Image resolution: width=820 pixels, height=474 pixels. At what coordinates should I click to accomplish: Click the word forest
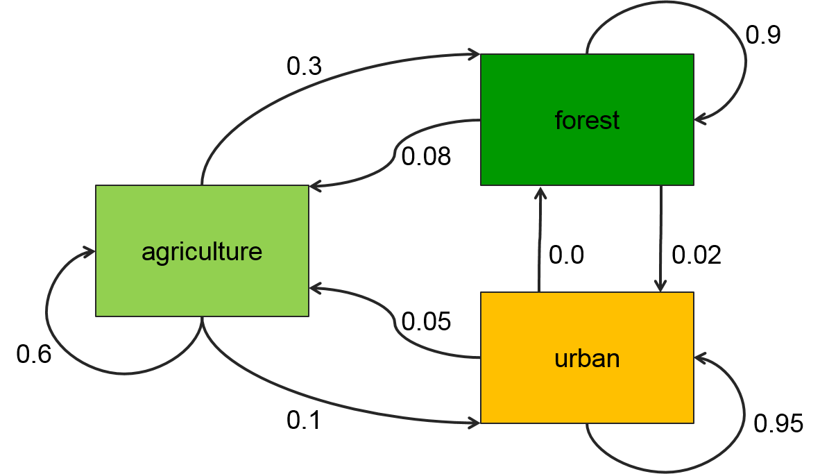587,120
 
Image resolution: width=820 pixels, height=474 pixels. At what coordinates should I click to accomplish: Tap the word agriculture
202,251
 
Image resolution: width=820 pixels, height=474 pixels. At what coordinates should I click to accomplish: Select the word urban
587,359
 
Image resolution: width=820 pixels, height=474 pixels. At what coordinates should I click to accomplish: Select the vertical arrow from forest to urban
660,236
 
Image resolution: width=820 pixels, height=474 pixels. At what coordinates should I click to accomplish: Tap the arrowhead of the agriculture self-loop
89,252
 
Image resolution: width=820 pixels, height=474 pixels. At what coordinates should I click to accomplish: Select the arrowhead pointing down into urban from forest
660,286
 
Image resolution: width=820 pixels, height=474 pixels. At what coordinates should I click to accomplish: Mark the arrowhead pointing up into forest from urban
540,192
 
